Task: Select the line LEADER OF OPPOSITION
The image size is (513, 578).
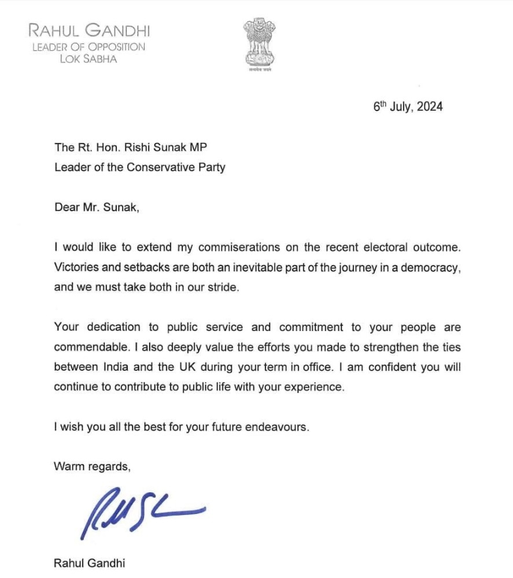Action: click(88, 47)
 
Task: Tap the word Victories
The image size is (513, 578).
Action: click(76, 267)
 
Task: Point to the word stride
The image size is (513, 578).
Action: click(222, 287)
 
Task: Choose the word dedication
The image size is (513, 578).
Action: click(114, 327)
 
